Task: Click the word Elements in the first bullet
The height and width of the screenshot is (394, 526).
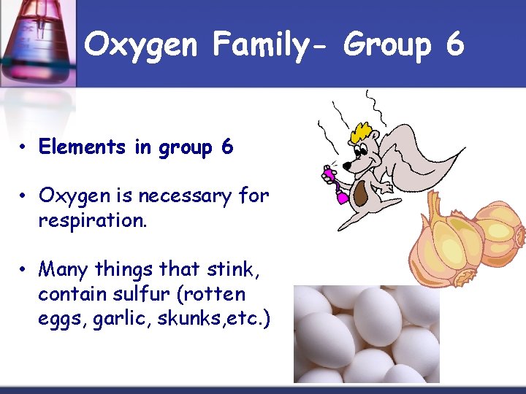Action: click(x=83, y=147)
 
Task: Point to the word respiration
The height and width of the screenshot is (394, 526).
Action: click(x=93, y=218)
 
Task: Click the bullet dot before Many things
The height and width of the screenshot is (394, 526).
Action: click(x=25, y=270)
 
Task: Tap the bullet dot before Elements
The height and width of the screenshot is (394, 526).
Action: click(x=25, y=148)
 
